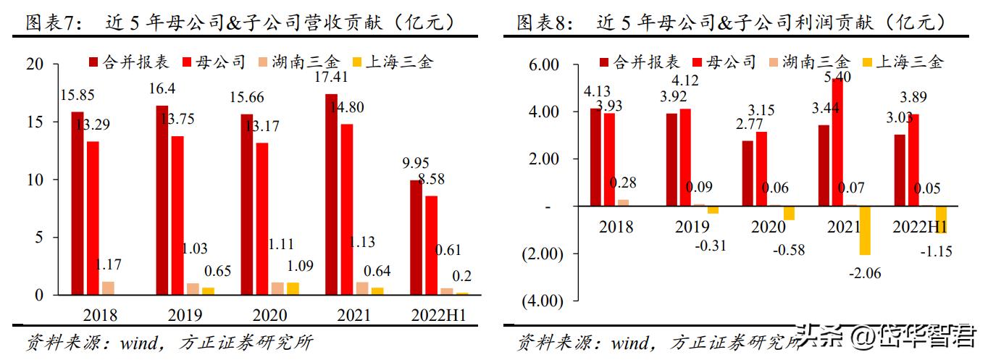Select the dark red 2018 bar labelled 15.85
[x=77, y=204]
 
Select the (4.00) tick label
[x=540, y=301]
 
